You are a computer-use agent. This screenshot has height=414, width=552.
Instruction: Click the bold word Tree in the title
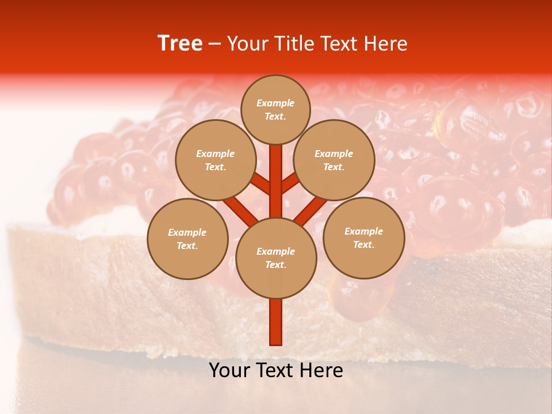180,44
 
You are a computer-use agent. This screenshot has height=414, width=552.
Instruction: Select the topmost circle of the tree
275,109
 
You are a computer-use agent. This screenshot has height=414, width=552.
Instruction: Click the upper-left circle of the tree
215,160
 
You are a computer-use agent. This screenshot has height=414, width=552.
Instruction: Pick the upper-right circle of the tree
334,160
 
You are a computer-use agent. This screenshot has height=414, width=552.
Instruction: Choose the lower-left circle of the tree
187,239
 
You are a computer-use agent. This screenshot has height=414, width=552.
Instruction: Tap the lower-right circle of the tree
363,237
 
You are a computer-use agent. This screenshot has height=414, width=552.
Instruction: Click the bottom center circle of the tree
276,258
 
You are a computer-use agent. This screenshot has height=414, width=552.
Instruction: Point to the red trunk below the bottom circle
276,322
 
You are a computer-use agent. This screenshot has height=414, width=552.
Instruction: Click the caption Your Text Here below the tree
276,370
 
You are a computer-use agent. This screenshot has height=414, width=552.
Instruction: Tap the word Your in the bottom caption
229,370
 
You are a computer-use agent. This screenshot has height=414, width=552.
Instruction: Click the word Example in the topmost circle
275,103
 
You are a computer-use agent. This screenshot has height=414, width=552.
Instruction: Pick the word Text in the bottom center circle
275,265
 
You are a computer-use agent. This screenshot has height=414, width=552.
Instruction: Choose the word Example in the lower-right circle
363,231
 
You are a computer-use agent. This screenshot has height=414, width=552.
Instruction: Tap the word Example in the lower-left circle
187,232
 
